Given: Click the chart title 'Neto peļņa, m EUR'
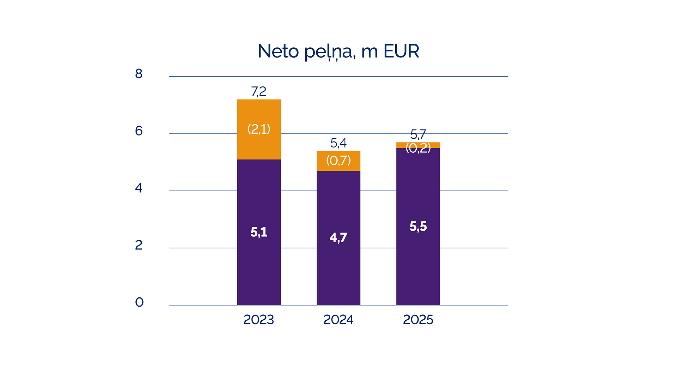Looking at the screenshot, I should coord(338,52).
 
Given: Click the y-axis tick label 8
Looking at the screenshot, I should coord(139,74).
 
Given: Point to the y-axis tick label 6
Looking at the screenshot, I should coord(139,131).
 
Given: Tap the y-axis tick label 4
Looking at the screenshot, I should coord(139,188).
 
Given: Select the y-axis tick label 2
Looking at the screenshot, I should coord(139,245).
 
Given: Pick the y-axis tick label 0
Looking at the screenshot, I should coord(139,302).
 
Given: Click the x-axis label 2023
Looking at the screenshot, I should coord(258,320).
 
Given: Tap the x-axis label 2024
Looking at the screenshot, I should coord(338,320).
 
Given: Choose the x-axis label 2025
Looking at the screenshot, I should coord(418,320).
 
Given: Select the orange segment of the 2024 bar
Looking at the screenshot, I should coord(338,161).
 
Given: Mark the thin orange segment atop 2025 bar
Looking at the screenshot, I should coord(418,145).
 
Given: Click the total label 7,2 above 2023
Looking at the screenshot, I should coord(258,92).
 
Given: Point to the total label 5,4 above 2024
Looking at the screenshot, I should coord(338,143).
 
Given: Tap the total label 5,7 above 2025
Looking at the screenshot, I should coord(418,134).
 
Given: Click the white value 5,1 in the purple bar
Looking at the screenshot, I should coord(259,232).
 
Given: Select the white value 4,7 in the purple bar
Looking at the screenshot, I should coord(338,238).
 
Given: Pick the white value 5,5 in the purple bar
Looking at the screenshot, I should coord(418,226).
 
